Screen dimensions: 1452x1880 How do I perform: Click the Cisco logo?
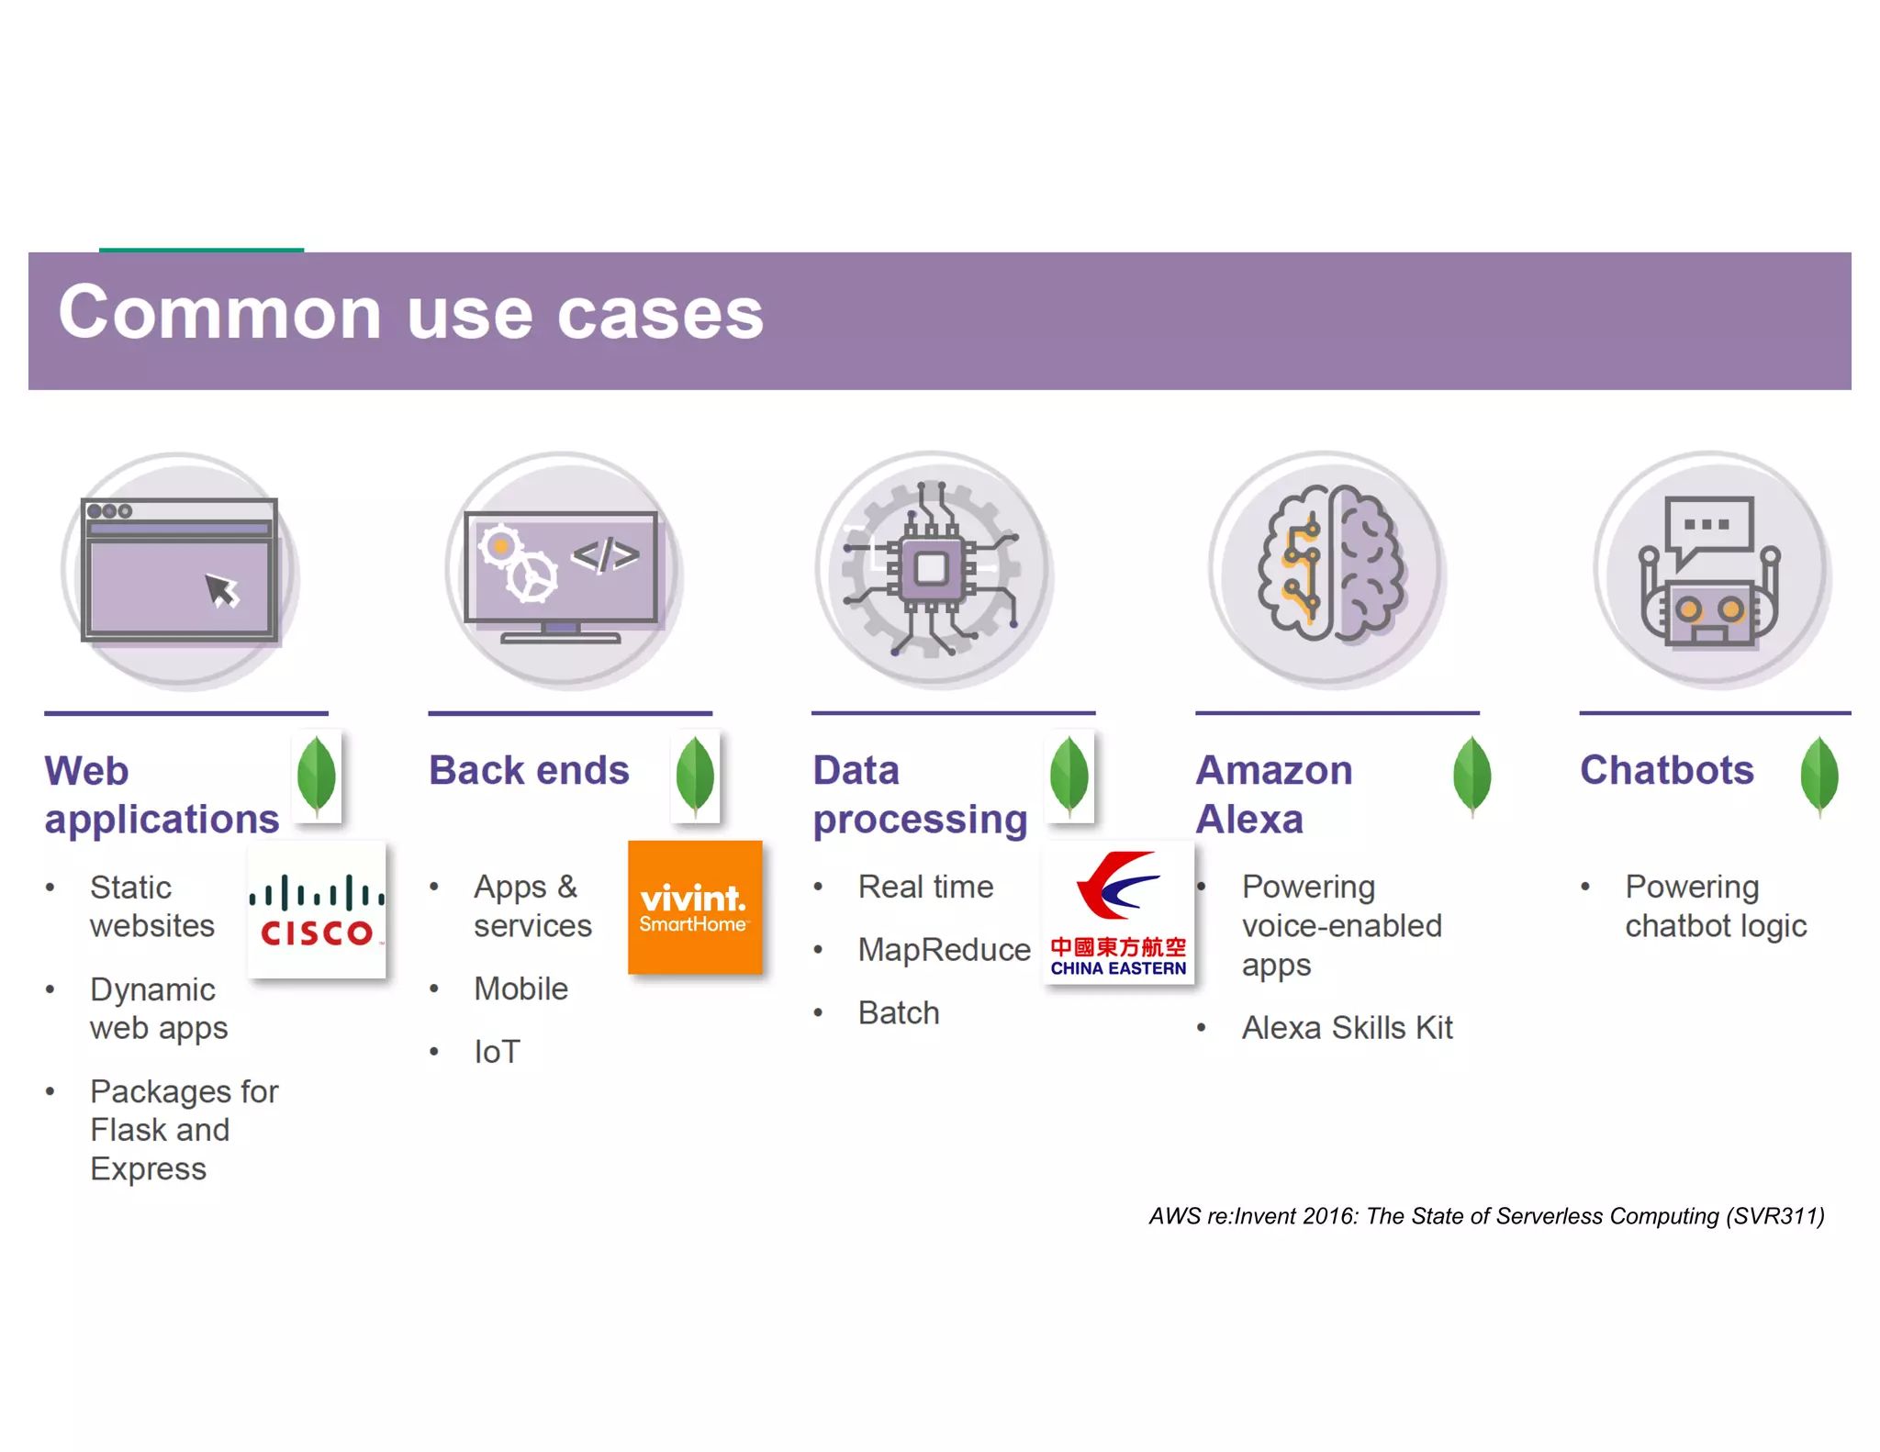317,910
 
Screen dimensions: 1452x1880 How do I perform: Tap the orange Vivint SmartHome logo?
695,907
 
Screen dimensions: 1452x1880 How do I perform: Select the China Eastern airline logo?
1118,912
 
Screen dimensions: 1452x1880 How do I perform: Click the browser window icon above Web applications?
180,570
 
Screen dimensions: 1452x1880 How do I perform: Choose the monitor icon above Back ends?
562,570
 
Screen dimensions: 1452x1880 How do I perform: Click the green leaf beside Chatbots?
1818,776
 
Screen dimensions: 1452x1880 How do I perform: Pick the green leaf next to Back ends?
695,776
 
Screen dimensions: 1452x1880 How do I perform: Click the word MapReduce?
944,950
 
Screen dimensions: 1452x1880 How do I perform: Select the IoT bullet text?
497,1052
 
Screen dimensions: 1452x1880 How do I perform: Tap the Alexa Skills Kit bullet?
1347,1028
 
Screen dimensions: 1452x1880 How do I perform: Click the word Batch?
899,1013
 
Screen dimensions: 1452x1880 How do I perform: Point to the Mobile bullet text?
520,989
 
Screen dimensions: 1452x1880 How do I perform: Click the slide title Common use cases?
410,314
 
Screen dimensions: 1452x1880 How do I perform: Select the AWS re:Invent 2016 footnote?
1486,1216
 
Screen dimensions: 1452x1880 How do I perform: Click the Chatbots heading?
1666,770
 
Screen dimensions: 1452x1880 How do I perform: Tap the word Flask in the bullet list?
127,1130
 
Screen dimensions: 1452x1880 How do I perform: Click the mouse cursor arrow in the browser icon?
221,590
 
